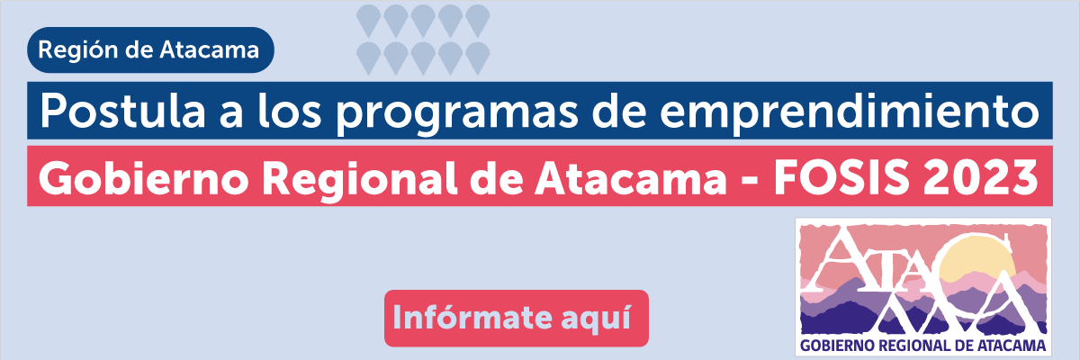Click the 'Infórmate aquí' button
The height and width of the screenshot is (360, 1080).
pos(517,318)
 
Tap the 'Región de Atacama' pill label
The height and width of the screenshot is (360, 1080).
pos(150,50)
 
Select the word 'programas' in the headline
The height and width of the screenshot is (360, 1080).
pos(456,113)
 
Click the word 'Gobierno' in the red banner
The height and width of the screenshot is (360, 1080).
pos(144,177)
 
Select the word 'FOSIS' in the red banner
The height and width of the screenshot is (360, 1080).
pos(841,177)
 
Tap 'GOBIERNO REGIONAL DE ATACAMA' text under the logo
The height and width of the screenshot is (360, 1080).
pos(922,346)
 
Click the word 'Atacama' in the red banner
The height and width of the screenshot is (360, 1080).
pos(631,177)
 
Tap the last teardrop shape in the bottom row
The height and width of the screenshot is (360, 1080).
pos(478,58)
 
